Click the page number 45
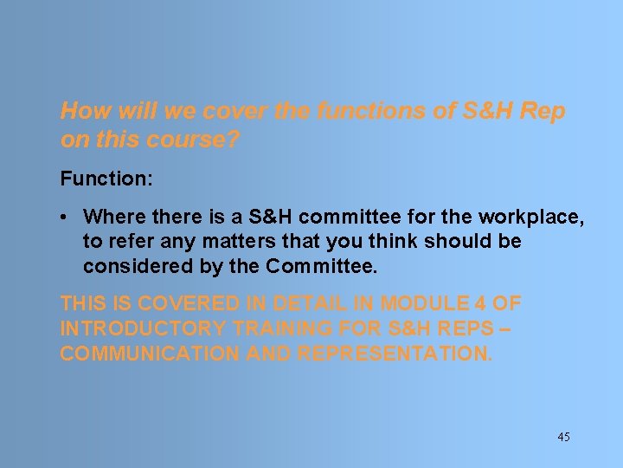pos(563,437)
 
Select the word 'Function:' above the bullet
pos(106,179)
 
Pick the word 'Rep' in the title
pos(543,111)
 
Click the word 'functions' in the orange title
pos(358,111)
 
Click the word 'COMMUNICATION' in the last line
pos(149,354)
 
